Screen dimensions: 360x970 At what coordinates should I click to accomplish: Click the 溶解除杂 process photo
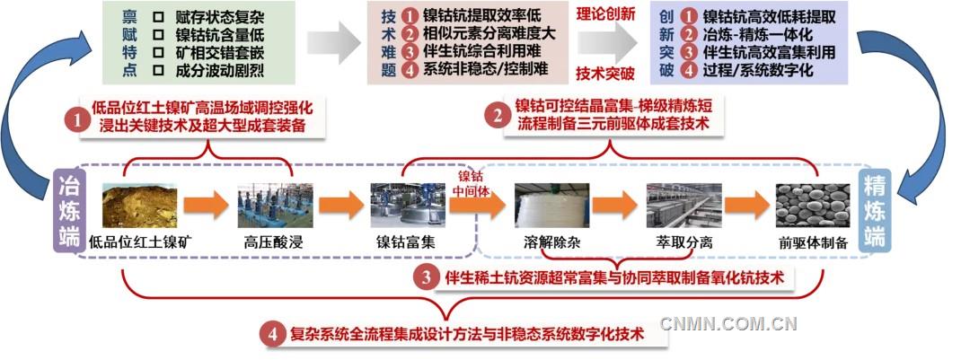point(551,206)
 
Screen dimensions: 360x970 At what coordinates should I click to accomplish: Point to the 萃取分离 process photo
point(683,206)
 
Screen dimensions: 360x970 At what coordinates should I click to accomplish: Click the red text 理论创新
point(604,13)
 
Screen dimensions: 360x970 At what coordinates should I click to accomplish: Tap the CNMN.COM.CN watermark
point(728,324)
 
